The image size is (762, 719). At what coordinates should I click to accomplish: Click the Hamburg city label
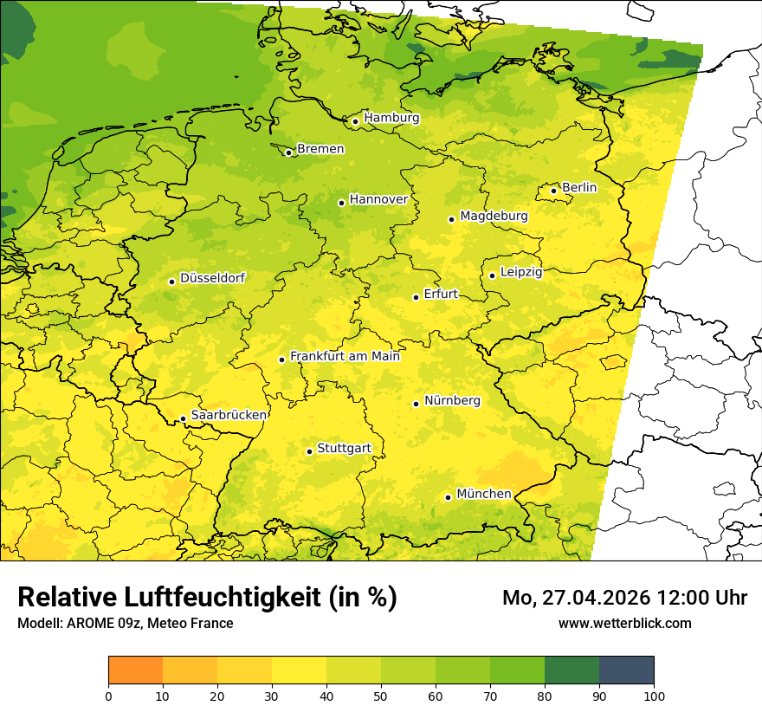pos(391,118)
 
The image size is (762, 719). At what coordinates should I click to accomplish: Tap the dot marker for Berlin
pos(553,191)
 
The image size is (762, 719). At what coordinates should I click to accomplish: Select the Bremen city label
pos(320,149)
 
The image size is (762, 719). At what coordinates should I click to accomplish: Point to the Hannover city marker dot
pos(341,203)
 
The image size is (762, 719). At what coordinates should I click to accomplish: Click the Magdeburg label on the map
pos(494,216)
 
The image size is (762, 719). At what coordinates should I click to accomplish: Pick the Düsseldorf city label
pos(212,278)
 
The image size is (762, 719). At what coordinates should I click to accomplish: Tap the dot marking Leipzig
pos(492,275)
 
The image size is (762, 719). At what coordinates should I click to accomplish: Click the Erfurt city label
pos(441,294)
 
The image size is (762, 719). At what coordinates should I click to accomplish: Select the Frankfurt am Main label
pos(345,356)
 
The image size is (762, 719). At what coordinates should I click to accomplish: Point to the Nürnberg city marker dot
pos(416,404)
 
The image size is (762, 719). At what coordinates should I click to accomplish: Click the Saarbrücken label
pos(229,416)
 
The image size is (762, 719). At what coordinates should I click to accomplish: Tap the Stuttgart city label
pos(345,449)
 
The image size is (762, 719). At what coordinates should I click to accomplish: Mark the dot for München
pos(448,497)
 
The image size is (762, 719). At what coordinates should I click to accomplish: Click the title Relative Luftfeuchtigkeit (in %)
pos(207,598)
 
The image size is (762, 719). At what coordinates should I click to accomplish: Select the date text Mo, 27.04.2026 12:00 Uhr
pos(624,598)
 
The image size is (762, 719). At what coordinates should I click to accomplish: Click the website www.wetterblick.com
pos(624,623)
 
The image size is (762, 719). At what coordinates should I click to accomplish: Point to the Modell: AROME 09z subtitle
pos(125,623)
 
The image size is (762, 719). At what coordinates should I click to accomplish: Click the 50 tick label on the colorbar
pos(381,696)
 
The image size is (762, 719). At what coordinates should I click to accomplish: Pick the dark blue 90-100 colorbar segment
pos(626,670)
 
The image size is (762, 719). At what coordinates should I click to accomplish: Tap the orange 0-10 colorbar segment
pos(135,670)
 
